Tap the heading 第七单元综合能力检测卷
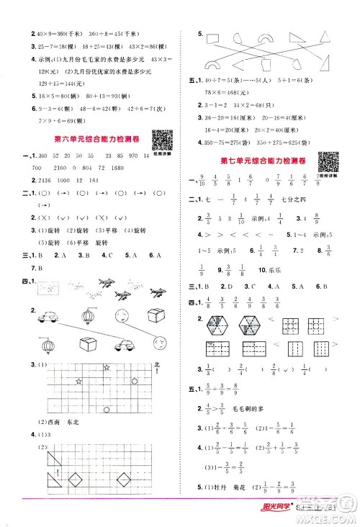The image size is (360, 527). (261, 158)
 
